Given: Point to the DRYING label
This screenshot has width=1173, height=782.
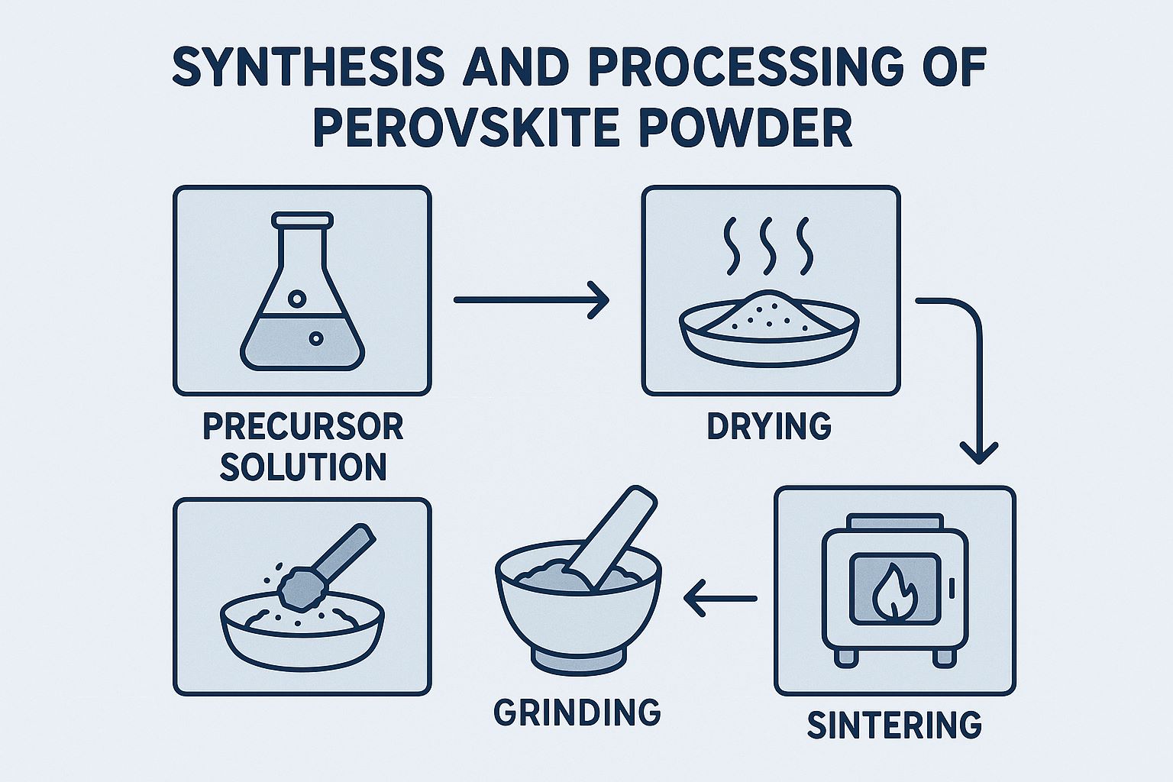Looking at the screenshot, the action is click(x=769, y=427).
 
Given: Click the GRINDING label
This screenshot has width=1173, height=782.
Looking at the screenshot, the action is click(x=577, y=712).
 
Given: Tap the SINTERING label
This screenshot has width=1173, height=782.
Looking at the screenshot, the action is click(x=894, y=725).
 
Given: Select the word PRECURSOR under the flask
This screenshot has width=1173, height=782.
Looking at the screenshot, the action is click(x=302, y=427).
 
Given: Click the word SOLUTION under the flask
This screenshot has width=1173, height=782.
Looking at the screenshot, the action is click(x=302, y=466).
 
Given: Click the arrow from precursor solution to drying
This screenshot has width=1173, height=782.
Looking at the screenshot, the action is click(x=531, y=299).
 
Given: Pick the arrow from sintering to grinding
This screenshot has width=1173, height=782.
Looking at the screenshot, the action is click(x=721, y=598).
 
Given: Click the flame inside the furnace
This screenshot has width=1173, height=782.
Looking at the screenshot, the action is click(x=894, y=590).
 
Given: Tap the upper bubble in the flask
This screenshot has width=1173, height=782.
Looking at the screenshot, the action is click(x=297, y=299).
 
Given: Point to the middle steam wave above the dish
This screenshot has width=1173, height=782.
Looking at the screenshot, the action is click(x=767, y=246).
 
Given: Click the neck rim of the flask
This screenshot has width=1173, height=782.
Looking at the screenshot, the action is click(x=302, y=219).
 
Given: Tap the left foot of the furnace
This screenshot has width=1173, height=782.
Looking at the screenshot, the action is click(x=845, y=658).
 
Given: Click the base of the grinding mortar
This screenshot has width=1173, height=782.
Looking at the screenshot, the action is click(x=578, y=661).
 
